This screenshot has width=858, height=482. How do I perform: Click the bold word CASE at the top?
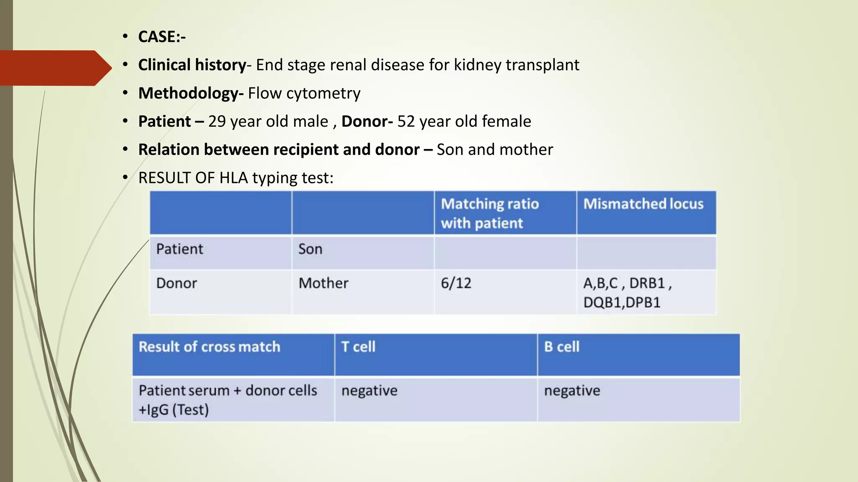pyautogui.click(x=157, y=37)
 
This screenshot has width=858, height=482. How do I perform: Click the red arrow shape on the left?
pyautogui.click(x=54, y=68)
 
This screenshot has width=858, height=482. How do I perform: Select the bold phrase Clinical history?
pyautogui.click(x=192, y=65)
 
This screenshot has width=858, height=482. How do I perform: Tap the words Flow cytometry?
pyautogui.click(x=304, y=93)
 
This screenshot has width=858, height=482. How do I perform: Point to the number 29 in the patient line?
pyautogui.click(x=217, y=121)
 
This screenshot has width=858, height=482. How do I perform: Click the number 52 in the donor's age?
pyautogui.click(x=406, y=121)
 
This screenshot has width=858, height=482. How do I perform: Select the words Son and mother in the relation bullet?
pyautogui.click(x=494, y=149)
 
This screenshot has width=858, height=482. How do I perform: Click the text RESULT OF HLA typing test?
pyautogui.click(x=235, y=178)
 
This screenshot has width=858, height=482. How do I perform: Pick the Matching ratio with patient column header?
pyautogui.click(x=489, y=213)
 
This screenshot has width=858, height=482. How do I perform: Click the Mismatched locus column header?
pyautogui.click(x=643, y=204)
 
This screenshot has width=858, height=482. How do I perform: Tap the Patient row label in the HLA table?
pyautogui.click(x=179, y=249)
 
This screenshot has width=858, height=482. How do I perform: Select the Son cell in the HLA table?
pyautogui.click(x=310, y=249)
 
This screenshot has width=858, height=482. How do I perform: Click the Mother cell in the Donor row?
pyautogui.click(x=323, y=283)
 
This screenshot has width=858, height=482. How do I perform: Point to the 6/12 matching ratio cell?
pyautogui.click(x=456, y=283)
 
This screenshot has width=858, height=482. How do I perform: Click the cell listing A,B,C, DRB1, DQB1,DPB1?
pyautogui.click(x=627, y=292)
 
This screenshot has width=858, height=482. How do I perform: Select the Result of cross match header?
pyautogui.click(x=209, y=347)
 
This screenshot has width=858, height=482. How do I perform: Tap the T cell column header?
pyautogui.click(x=358, y=347)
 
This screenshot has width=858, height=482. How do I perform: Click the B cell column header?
pyautogui.click(x=561, y=347)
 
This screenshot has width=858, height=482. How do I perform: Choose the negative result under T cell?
pyautogui.click(x=369, y=391)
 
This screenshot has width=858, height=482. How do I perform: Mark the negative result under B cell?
pyautogui.click(x=572, y=391)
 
